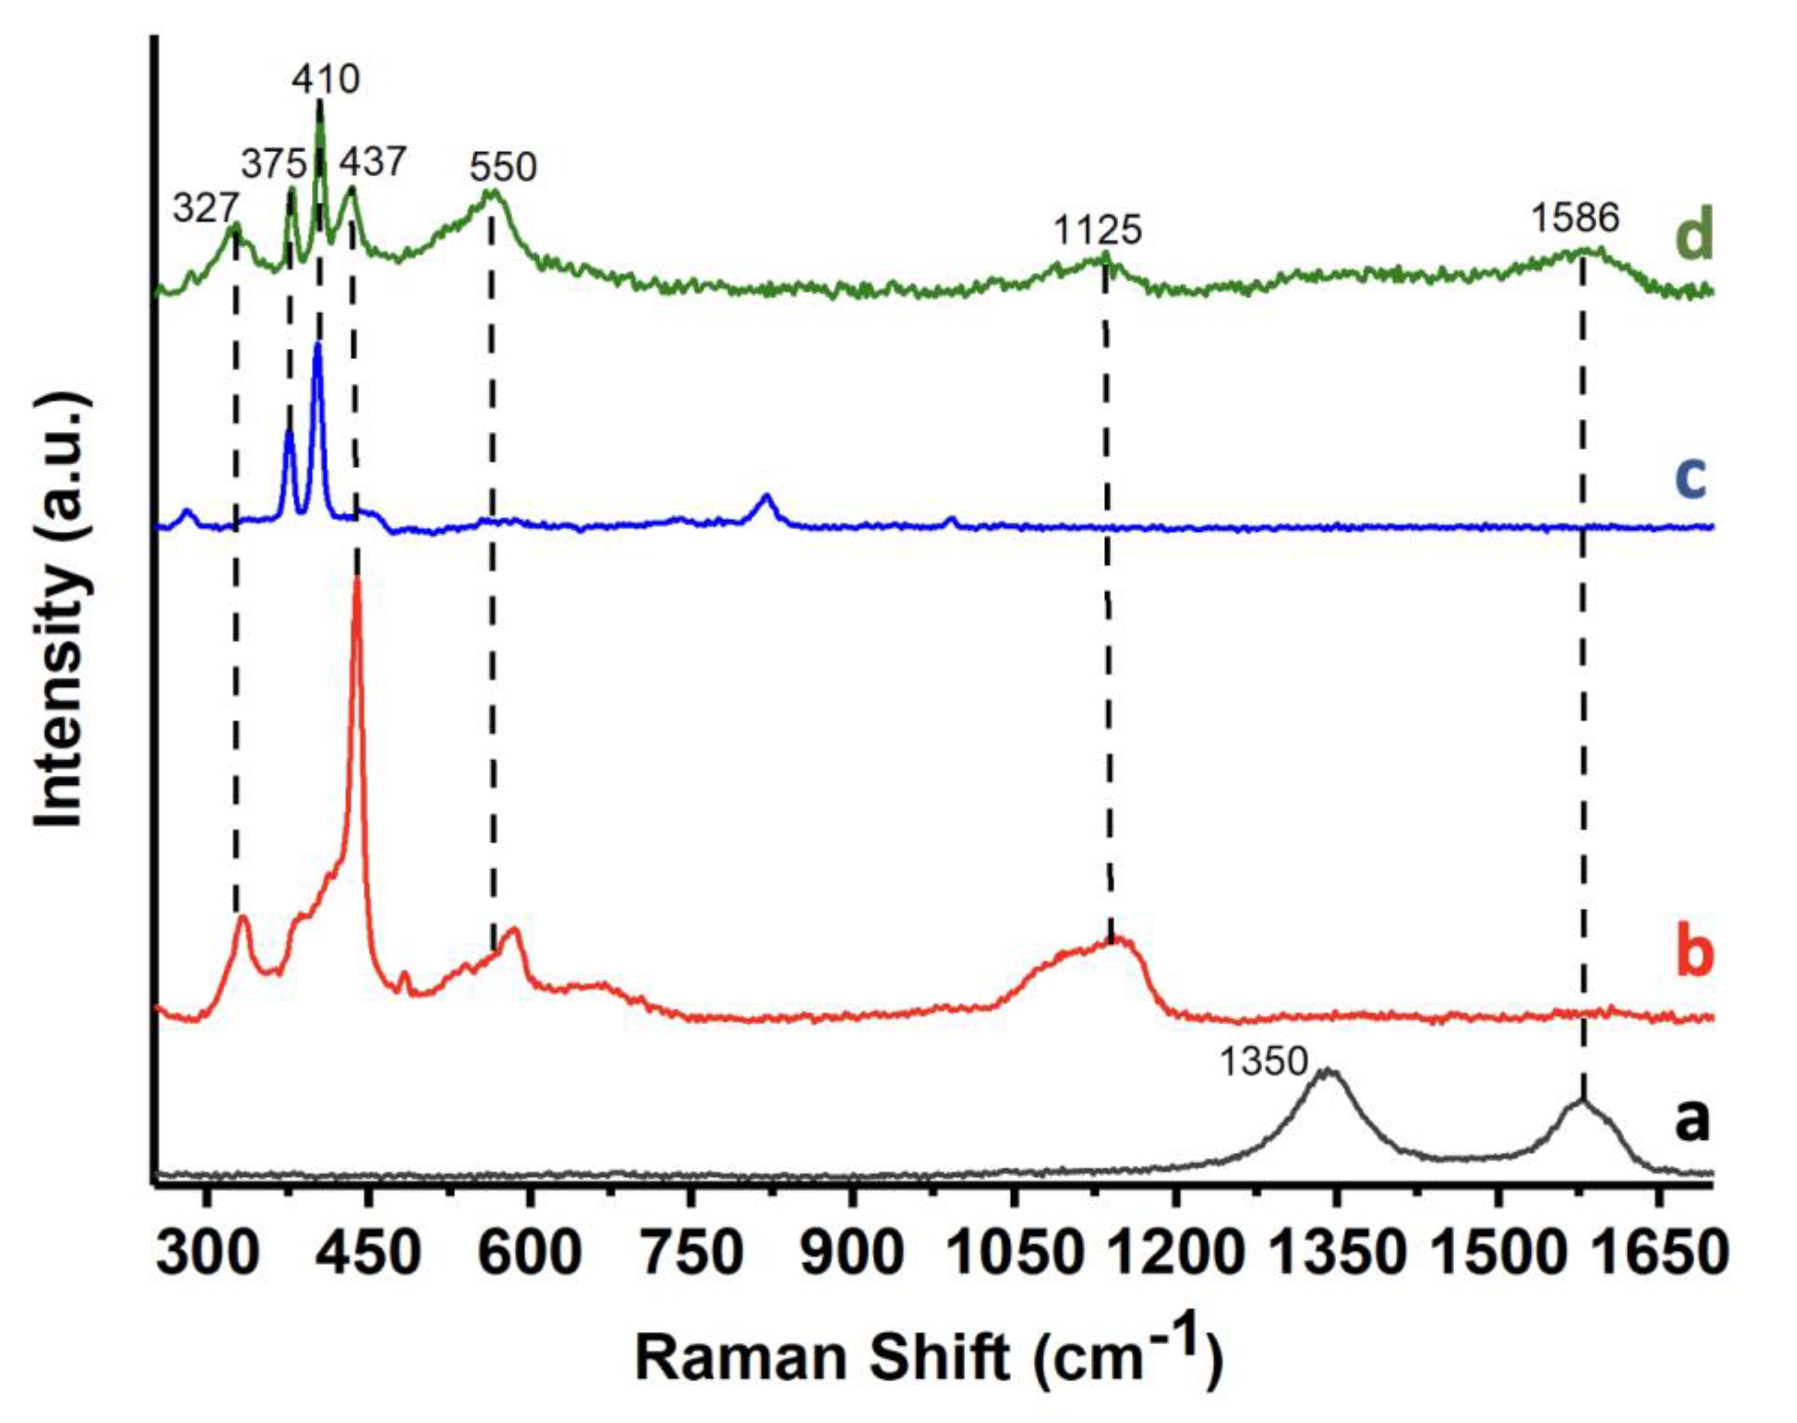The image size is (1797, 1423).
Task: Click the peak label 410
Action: tap(326, 80)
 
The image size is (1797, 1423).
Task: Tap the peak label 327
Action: tap(206, 209)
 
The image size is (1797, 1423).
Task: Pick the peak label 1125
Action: tap(1097, 230)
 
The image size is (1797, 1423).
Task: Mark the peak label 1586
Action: tap(1575, 218)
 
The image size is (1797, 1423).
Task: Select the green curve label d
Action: tap(1692, 235)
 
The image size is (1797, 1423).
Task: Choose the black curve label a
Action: tap(1692, 1120)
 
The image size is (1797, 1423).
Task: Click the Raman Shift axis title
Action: tap(929, 1358)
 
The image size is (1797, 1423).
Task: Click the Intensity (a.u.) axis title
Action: tap(63, 612)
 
